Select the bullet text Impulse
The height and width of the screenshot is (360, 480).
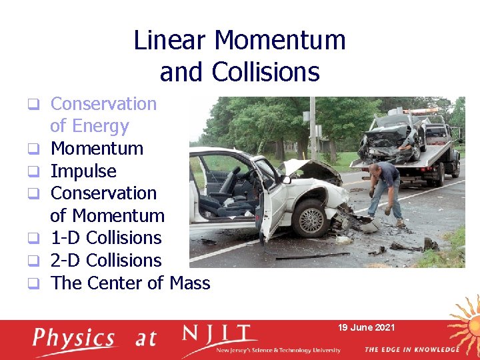coord(83,171)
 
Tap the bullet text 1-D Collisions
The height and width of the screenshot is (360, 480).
coord(106,238)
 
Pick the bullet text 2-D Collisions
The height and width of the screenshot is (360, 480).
coord(106,261)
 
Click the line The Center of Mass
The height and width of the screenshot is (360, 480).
coord(130,283)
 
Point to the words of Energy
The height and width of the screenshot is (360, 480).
coord(89,126)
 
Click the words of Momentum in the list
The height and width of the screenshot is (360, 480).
coord(107,216)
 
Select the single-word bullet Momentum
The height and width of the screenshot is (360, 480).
coord(97,149)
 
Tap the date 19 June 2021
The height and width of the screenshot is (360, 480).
coord(366,327)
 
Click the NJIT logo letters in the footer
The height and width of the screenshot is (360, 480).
coord(219,335)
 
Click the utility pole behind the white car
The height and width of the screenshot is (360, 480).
coord(313,127)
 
